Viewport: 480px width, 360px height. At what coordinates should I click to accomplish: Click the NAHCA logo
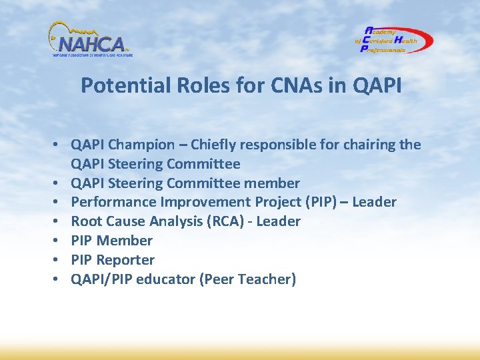[90, 40]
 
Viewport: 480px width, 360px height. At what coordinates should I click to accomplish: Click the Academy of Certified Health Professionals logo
[393, 40]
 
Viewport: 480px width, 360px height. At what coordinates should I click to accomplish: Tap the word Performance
[111, 202]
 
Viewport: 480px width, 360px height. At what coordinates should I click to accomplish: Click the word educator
[165, 279]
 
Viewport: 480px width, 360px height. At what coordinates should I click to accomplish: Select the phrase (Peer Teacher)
[247, 279]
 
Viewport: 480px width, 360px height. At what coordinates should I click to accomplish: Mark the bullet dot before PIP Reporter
[59, 260]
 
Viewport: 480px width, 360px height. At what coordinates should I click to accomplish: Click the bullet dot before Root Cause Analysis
[59, 221]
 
